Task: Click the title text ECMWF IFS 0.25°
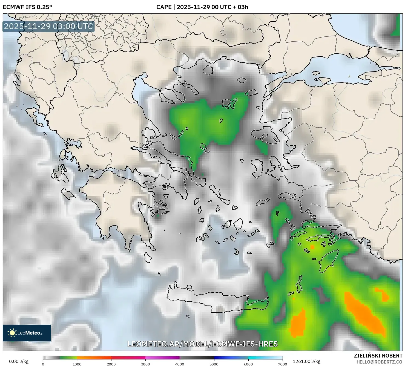tap(27, 7)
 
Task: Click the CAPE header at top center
tap(202, 7)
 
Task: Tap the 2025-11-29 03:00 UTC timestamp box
tap(48, 26)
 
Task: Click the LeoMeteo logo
tap(27, 333)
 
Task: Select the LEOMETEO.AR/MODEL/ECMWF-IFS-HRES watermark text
tap(203, 344)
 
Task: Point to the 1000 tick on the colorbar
tap(77, 364)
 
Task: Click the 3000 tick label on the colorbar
tap(145, 364)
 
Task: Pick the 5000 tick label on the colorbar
tap(214, 364)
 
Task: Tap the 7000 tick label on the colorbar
tap(282, 364)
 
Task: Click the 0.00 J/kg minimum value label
tap(19, 361)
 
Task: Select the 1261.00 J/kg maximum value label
tap(306, 361)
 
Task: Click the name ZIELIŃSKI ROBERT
tap(378, 356)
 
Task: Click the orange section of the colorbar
tap(94, 358)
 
